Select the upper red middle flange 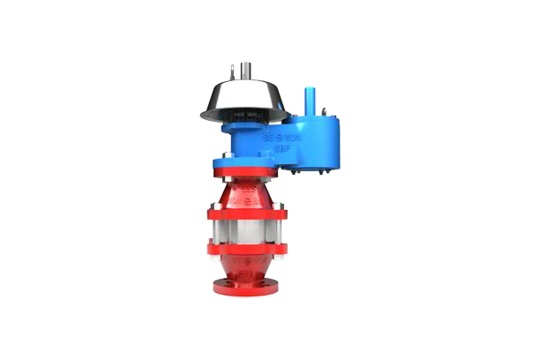pyautogui.click(x=246, y=212)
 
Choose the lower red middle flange pyautogui.click(x=246, y=248)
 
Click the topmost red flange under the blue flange pyautogui.click(x=246, y=176)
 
